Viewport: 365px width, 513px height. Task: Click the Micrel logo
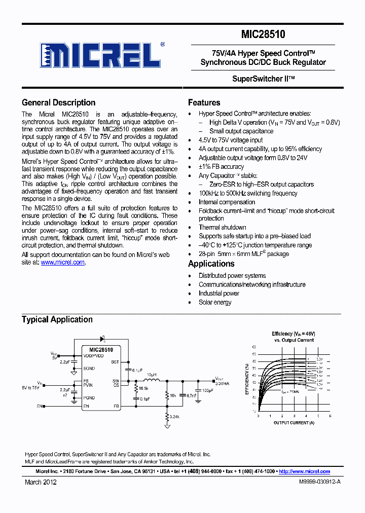point(101,55)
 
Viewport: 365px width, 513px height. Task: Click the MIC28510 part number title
point(263,34)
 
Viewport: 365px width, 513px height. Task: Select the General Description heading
point(58,102)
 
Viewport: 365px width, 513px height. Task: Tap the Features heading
point(204,102)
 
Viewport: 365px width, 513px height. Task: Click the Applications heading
point(211,264)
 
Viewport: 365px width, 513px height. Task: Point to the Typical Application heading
point(57,319)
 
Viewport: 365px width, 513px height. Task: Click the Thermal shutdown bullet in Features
point(222,228)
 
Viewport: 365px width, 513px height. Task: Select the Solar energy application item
point(215,303)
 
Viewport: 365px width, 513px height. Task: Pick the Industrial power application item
point(218,294)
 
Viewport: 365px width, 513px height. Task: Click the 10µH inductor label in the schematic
point(151,375)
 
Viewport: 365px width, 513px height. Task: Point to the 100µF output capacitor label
point(207,390)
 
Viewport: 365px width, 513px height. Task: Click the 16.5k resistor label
point(142,388)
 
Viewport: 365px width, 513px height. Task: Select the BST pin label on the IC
point(115,362)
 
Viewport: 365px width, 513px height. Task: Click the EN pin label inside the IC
point(86,407)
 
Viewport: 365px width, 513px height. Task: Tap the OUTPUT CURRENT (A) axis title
point(294,422)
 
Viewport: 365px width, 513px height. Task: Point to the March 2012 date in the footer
point(41,483)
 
